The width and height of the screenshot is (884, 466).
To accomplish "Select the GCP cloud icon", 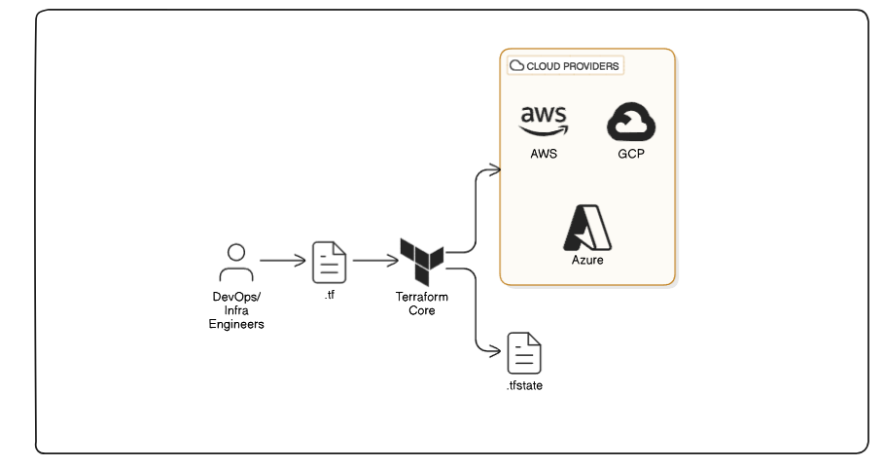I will pyautogui.click(x=632, y=123).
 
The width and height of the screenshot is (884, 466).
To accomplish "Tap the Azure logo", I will pyautogui.click(x=587, y=229).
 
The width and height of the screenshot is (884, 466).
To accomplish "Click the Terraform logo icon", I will pyautogui.click(x=422, y=256).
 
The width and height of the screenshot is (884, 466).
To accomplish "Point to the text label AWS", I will pyautogui.click(x=544, y=155).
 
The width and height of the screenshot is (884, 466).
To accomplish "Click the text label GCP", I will pyautogui.click(x=632, y=155).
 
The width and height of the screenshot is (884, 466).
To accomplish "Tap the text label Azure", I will pyautogui.click(x=587, y=261).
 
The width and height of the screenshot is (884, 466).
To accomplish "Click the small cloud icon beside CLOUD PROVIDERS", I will pyautogui.click(x=516, y=65).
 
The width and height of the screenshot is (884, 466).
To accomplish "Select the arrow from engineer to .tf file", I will pyautogui.click(x=282, y=261).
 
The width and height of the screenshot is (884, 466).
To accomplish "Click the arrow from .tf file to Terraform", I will pyautogui.click(x=374, y=261).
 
